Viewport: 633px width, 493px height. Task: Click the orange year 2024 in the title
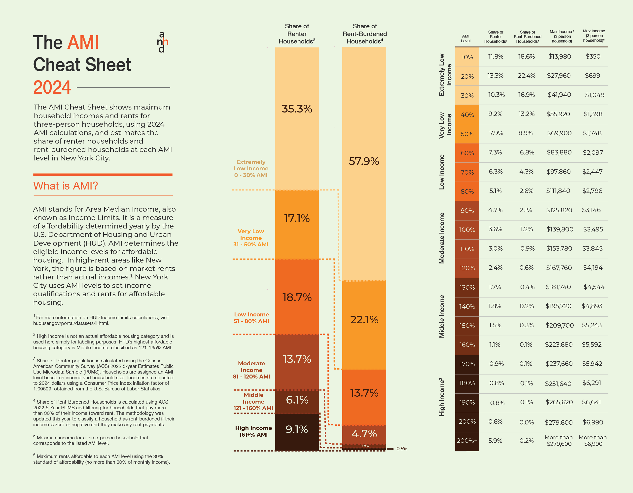(x=52, y=87)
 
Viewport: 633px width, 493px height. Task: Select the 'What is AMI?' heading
(x=66, y=186)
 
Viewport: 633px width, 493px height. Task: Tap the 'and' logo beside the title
(x=162, y=42)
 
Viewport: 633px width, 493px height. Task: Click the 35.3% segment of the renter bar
(x=297, y=109)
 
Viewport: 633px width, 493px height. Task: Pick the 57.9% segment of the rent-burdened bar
(x=364, y=161)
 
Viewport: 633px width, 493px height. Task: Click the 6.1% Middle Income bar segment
(x=297, y=400)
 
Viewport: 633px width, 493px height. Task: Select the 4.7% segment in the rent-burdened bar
(x=364, y=434)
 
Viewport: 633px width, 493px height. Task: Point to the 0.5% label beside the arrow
(x=402, y=449)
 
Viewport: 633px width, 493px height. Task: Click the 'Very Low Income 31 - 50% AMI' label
(x=251, y=238)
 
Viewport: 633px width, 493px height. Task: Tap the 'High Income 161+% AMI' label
(x=253, y=431)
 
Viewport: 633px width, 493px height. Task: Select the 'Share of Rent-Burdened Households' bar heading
(x=365, y=34)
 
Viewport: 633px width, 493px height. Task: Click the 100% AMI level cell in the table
(x=467, y=230)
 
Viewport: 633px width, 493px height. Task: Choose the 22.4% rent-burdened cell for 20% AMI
(x=526, y=76)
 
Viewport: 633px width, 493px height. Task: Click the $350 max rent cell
(x=593, y=57)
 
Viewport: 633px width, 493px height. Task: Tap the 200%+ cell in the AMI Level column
(x=467, y=441)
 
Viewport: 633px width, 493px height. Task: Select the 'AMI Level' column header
(x=465, y=38)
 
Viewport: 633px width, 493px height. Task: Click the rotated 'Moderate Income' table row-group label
(x=442, y=238)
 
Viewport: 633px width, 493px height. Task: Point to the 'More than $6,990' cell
(x=593, y=441)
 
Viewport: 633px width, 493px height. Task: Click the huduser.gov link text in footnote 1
(x=71, y=323)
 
